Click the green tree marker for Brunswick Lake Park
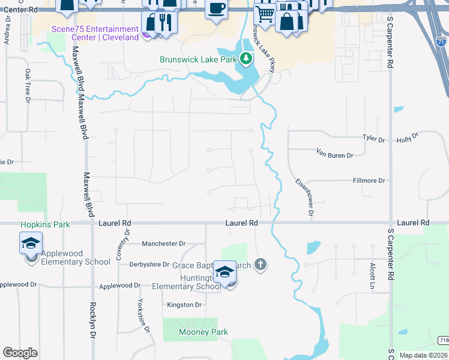[246, 59]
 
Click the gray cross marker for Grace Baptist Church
[260, 264]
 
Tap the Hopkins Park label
[45, 224]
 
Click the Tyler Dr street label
[373, 138]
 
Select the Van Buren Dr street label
[335, 155]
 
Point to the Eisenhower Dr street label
[304, 197]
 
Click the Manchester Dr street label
[163, 244]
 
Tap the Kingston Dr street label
[184, 305]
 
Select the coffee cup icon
[216, 8]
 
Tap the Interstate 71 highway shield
[441, 43]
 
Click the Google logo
[20, 353]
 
